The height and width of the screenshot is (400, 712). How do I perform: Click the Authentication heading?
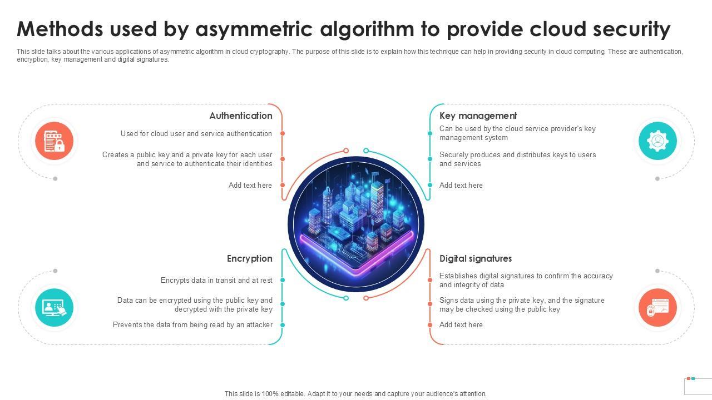[x=240, y=116]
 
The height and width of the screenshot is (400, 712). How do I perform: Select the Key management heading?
[x=478, y=116]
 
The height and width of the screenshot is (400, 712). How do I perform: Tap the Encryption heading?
[x=249, y=258]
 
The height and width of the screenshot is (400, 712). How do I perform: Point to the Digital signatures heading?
[x=475, y=258]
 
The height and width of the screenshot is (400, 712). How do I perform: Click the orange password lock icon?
[x=55, y=141]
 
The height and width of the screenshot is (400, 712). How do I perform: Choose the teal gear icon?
[x=657, y=141]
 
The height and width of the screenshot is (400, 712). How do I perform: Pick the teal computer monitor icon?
[x=55, y=307]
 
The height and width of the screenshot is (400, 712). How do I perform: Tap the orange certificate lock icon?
[x=657, y=307]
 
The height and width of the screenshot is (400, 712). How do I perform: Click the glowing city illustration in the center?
[x=356, y=224]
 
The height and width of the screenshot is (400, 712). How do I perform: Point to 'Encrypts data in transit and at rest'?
[x=216, y=281]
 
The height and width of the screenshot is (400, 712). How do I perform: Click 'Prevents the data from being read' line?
[x=192, y=325]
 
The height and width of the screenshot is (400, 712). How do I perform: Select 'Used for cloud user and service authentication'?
[x=196, y=134]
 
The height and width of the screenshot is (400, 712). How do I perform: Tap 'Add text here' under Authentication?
[x=250, y=186]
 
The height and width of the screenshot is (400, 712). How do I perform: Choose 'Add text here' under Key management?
[x=461, y=186]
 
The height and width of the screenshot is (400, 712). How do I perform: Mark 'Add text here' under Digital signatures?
[x=461, y=325]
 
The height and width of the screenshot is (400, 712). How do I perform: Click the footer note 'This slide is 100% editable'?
[x=355, y=394]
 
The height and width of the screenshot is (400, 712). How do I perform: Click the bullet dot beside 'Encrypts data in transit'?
[x=283, y=281]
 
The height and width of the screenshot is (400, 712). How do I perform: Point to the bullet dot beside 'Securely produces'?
[x=430, y=159]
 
